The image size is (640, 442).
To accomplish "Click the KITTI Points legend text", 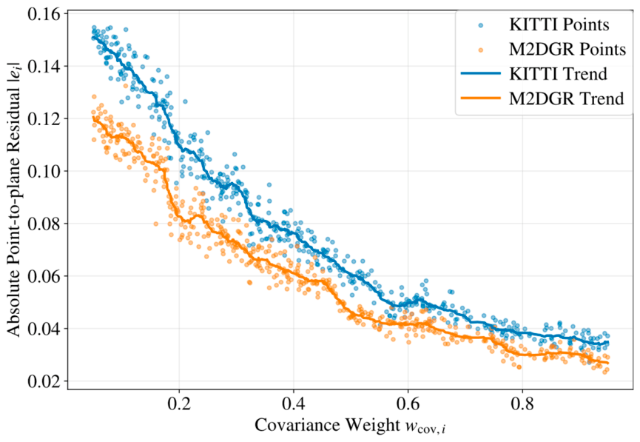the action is tap(559, 25).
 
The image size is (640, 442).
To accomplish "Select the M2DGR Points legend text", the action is tap(567, 50).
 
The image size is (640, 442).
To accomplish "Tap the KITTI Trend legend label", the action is tap(558, 74).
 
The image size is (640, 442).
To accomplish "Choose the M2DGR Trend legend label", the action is tap(567, 98).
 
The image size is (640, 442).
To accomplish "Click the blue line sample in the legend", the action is tap(481, 74).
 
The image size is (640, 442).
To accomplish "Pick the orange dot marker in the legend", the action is tap(481, 50).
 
